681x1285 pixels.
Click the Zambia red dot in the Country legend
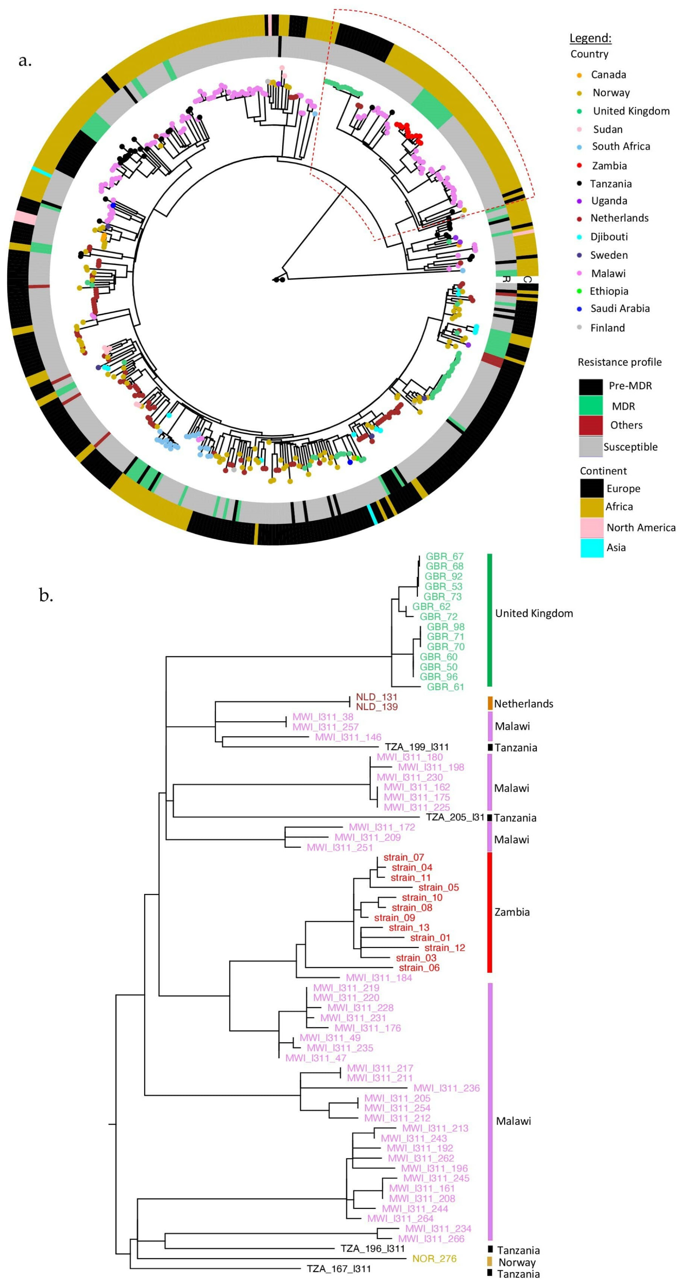click(x=579, y=166)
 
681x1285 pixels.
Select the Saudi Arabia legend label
click(x=620, y=308)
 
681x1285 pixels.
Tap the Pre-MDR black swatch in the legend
click(x=590, y=387)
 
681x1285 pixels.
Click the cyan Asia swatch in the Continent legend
click(x=592, y=547)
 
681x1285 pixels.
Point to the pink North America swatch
click(x=592, y=527)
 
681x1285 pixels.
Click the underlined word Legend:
click(x=590, y=38)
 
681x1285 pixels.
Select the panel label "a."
click(x=25, y=61)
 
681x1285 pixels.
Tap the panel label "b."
click(x=46, y=595)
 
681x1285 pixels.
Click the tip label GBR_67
click(x=444, y=556)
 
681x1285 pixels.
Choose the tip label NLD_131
click(x=376, y=697)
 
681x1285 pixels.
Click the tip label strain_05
click(x=438, y=887)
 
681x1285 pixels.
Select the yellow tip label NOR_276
click(x=434, y=1259)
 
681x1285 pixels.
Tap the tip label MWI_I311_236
click(x=446, y=1088)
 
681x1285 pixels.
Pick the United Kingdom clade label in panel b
click(x=533, y=613)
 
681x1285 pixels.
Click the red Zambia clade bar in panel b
click(x=490, y=912)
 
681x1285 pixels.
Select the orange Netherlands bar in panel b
click(x=490, y=703)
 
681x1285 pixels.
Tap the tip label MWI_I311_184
click(x=379, y=978)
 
